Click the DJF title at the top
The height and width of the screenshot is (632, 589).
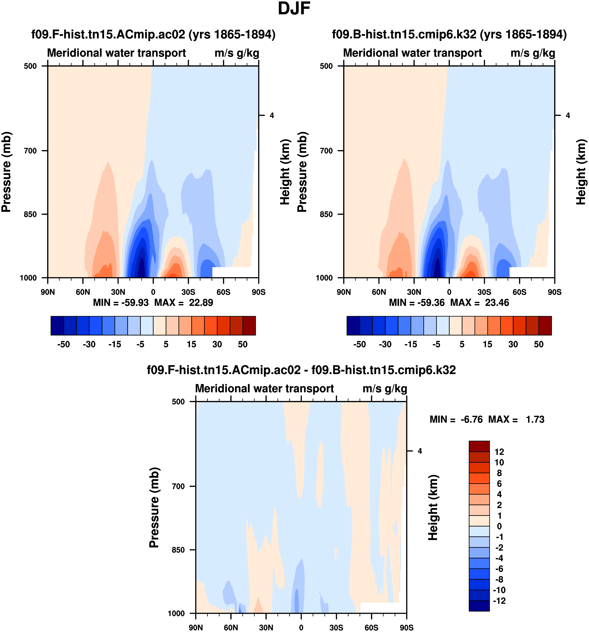[x=294, y=9]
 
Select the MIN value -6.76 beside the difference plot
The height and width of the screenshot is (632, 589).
[x=471, y=420]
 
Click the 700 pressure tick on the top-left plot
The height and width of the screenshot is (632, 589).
[x=31, y=151]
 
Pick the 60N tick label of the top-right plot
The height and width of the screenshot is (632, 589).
[x=379, y=292]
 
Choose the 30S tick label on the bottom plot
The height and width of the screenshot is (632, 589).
[x=336, y=628]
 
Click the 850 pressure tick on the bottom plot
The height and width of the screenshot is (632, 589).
[x=178, y=550]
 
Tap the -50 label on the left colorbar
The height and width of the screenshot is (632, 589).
[x=63, y=344]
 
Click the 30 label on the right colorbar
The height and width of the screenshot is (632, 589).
[x=513, y=344]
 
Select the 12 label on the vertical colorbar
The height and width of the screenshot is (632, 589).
[x=499, y=452]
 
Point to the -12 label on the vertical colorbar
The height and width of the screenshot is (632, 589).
[x=499, y=601]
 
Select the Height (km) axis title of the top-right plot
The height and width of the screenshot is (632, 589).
[x=581, y=172]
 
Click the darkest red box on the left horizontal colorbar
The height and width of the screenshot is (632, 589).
[x=249, y=326]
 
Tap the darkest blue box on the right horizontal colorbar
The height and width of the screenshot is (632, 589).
[x=353, y=326]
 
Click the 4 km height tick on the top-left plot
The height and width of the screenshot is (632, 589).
[x=272, y=115]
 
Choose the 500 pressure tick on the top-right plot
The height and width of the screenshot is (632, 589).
[x=326, y=66]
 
